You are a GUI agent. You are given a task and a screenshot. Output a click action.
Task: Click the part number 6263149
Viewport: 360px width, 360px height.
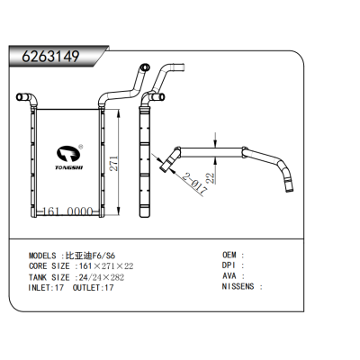point(50,56)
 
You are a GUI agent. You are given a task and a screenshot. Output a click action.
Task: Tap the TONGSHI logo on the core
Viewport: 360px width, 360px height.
point(68,157)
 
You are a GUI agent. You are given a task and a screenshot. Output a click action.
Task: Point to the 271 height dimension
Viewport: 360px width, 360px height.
point(114,164)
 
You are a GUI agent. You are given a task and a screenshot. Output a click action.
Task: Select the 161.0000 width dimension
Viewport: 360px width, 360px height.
point(68,211)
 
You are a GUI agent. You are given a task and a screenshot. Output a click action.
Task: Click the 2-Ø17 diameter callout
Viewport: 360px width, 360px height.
point(195,183)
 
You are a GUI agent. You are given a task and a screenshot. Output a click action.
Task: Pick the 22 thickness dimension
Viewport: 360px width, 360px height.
point(211,178)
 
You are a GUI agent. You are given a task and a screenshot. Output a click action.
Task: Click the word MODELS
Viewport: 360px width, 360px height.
point(42,256)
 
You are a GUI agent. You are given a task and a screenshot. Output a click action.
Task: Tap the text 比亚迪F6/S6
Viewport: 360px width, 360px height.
point(91,256)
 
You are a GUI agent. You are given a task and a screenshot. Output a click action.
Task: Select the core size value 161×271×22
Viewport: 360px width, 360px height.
point(106,266)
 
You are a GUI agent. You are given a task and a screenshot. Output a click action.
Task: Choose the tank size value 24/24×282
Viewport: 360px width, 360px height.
point(102,277)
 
